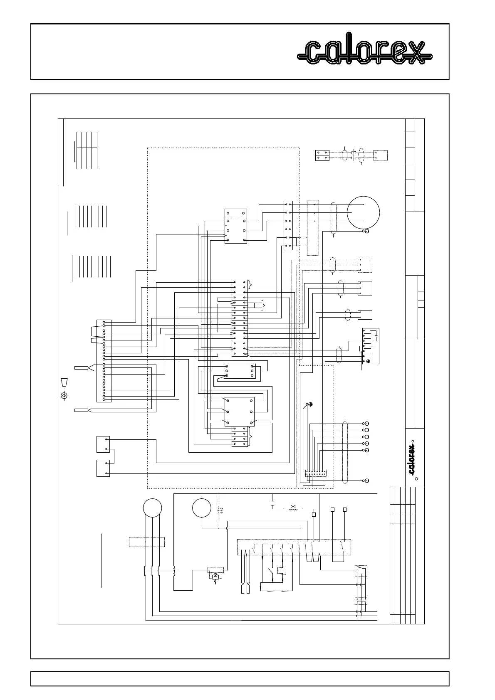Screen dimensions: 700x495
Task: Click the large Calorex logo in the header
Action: tap(365, 52)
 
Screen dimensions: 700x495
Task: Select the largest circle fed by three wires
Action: tap(364, 212)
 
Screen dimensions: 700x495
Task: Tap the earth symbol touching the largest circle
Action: tap(366, 231)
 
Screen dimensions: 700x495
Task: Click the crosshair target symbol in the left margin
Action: tap(64, 395)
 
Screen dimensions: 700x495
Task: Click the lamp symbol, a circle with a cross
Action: tap(215, 576)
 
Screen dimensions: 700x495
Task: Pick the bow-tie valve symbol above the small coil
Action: tap(293, 507)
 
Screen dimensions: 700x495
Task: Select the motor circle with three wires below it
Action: tap(152, 508)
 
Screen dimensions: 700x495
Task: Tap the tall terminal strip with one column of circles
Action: tap(104, 360)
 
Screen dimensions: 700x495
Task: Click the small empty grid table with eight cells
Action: tap(87, 150)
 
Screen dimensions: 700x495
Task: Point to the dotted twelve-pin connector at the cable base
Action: tap(316, 473)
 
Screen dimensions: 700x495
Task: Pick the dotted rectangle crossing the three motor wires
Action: tap(147, 542)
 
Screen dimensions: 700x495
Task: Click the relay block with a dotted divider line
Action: tap(235, 226)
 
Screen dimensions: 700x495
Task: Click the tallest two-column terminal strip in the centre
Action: tap(240, 318)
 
